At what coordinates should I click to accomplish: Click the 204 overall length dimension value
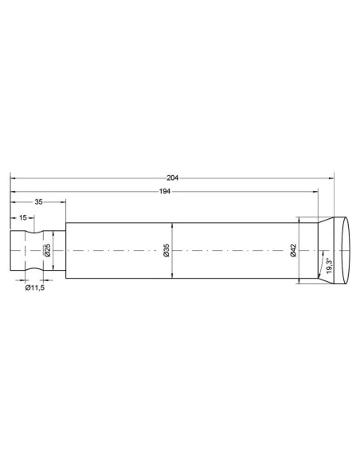click(172, 178)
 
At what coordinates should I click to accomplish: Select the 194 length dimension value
click(165, 192)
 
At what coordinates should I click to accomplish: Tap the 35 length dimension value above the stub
click(38, 202)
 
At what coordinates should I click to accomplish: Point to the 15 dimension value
click(23, 217)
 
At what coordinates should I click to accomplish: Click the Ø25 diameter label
click(48, 250)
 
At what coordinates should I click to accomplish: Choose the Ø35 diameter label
click(166, 250)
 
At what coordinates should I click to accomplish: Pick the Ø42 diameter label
click(293, 250)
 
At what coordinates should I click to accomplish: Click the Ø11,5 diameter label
click(35, 287)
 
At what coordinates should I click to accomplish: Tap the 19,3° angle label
click(329, 266)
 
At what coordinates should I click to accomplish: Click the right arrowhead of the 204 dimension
click(331, 178)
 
